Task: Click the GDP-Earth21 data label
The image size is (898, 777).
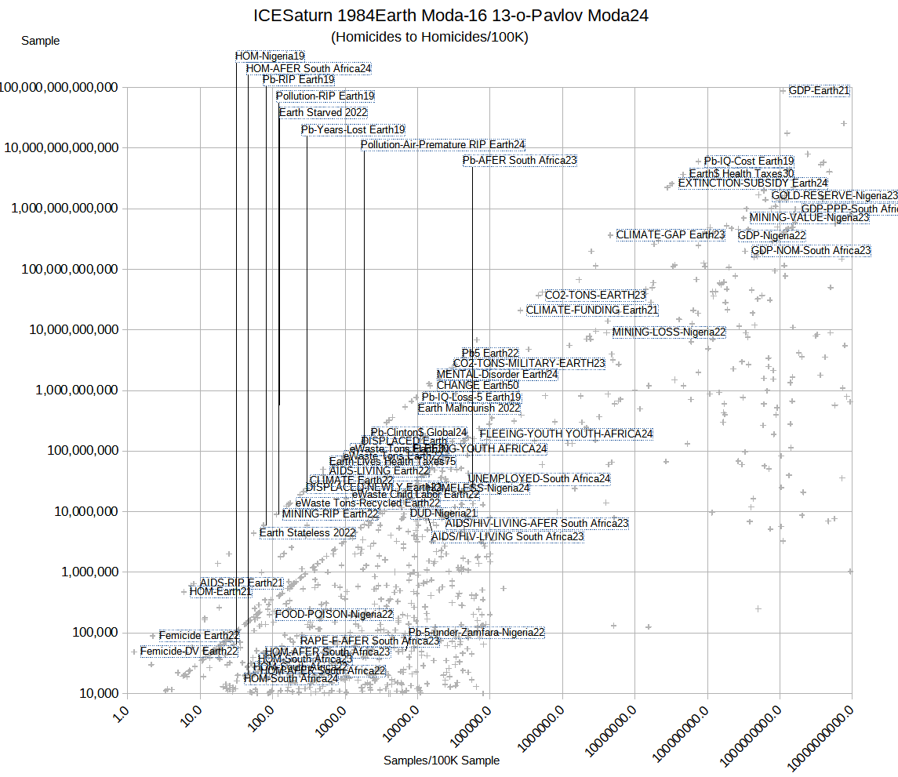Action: point(819,91)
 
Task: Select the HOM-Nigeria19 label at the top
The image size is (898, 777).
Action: point(270,56)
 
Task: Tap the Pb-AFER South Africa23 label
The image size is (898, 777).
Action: point(520,161)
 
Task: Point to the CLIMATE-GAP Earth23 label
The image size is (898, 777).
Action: point(671,235)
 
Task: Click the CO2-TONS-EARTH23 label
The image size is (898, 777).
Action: point(595,296)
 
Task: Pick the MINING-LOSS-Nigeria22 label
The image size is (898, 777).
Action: point(669,332)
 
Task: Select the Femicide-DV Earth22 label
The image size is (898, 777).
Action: point(189,652)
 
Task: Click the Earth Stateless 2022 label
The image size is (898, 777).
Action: point(307,533)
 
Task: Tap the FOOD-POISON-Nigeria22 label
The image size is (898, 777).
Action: point(334,615)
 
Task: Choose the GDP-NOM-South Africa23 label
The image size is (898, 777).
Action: point(811,251)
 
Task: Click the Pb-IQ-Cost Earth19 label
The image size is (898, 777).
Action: point(749,162)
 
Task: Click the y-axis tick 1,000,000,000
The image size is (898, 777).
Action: point(77,390)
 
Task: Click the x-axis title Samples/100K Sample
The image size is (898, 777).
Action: point(442,761)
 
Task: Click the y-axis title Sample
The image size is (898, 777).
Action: point(40,41)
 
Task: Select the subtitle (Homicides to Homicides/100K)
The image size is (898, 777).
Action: point(430,37)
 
